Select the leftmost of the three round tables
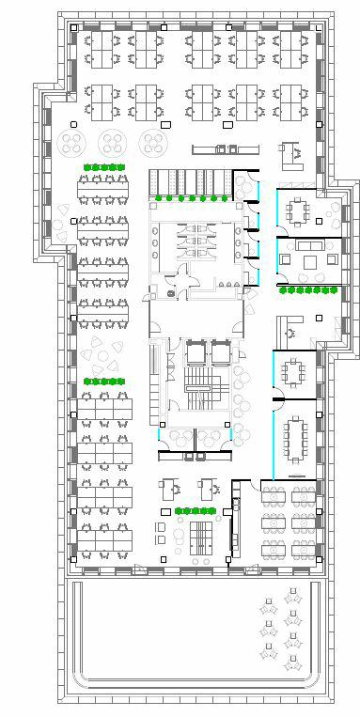[x=73, y=143]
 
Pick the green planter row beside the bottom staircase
[x=196, y=510]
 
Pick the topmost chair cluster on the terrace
[x=292, y=595]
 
